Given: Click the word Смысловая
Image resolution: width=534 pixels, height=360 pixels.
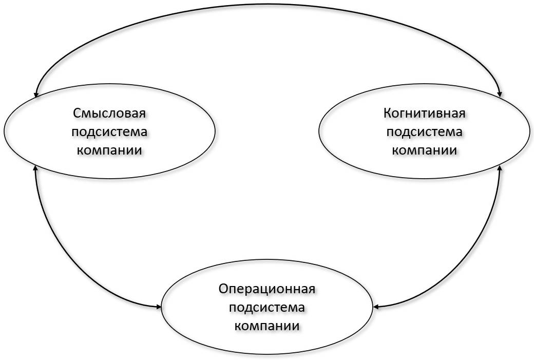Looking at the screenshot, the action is coord(109,113).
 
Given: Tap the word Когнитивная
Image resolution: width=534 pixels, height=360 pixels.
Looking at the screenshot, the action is coord(424,113).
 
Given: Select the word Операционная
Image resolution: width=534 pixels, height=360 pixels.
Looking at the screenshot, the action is coord(266,289).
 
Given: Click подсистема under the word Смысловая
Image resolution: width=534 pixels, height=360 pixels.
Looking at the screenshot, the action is coord(109,132).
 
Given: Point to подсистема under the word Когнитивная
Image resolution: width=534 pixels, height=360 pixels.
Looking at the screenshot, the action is coord(424,132).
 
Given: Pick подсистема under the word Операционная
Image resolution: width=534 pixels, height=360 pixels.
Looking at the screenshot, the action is coord(266,308).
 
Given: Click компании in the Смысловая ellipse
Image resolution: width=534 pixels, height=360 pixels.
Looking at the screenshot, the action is coord(109,150).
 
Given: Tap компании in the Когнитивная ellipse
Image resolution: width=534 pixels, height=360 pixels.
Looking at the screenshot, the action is coord(424,150).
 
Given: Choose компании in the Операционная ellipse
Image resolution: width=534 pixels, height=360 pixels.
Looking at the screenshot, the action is coord(266,326).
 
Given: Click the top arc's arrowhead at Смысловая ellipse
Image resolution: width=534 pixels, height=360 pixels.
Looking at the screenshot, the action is coord(35,94).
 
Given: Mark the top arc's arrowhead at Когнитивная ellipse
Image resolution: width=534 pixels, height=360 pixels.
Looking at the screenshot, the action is coord(500,94).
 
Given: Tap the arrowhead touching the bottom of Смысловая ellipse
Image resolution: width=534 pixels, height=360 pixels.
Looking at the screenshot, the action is coord(35,168).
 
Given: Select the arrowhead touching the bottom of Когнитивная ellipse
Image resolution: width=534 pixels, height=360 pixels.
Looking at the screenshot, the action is coord(500,168).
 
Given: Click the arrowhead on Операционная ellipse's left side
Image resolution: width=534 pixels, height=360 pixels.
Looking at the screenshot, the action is coord(158,307).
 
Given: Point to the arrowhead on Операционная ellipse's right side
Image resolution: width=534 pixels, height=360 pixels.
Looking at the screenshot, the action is coord(376,307).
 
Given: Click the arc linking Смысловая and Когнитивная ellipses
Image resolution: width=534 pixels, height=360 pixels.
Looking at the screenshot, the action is coord(268,5).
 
